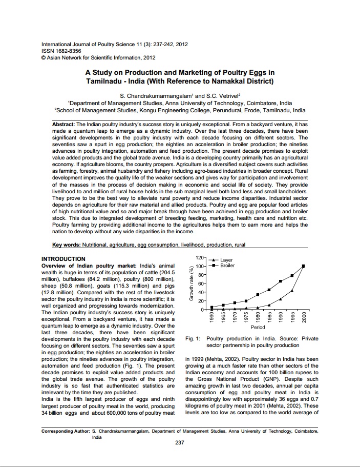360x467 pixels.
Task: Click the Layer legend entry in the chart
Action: click(x=226, y=260)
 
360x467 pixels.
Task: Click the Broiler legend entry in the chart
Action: click(x=228, y=266)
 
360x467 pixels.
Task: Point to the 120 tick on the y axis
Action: click(x=200, y=257)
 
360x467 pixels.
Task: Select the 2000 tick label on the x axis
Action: click(x=304, y=317)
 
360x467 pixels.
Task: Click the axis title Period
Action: click(x=258, y=327)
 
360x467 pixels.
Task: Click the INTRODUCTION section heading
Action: click(x=63, y=259)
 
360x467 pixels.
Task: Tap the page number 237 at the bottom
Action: click(x=179, y=443)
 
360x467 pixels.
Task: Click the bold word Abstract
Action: click(x=63, y=125)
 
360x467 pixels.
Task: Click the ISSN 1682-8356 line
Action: click(x=61, y=51)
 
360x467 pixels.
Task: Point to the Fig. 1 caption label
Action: click(x=192, y=339)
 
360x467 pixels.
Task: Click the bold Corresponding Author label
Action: click(x=65, y=432)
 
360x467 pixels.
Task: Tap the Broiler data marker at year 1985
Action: click(x=269, y=290)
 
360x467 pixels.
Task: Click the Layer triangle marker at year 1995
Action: click(x=292, y=291)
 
